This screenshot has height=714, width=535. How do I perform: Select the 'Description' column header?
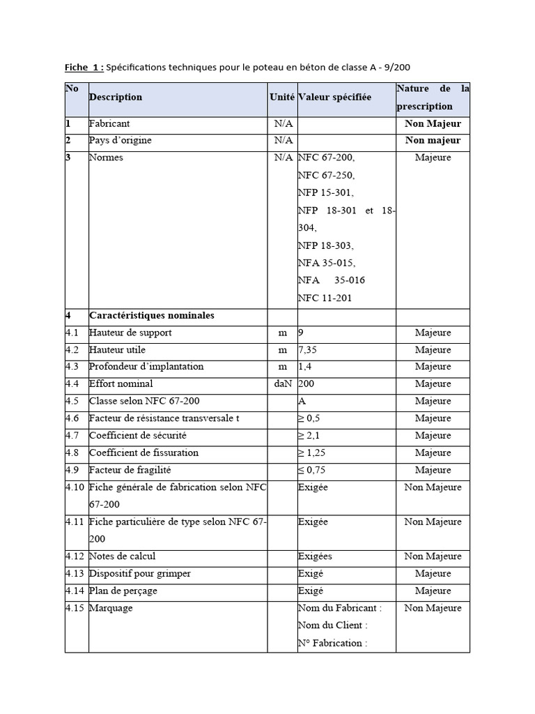point(116,97)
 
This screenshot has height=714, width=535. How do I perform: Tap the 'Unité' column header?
point(282,97)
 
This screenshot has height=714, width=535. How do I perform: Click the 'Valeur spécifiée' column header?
point(335,97)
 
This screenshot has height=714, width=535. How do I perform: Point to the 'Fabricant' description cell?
point(109,123)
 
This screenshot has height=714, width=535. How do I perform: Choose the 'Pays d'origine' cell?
point(121,140)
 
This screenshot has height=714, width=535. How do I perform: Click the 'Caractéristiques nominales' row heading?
point(152,315)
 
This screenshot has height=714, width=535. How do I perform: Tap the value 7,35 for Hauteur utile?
point(309,349)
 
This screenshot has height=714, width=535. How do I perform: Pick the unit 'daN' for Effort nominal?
point(282,383)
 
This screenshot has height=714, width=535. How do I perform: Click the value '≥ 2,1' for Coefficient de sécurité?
point(311,435)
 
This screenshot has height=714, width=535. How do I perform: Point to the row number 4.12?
point(75,556)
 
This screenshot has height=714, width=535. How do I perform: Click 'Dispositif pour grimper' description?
point(140,573)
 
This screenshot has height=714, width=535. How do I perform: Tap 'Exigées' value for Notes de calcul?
point(315,556)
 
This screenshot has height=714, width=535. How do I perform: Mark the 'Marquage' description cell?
point(111,608)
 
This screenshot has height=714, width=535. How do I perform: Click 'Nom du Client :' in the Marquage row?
point(333,625)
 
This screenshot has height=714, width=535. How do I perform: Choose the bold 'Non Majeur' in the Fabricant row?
point(433,123)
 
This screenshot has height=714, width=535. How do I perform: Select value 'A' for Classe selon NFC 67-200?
point(302,401)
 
